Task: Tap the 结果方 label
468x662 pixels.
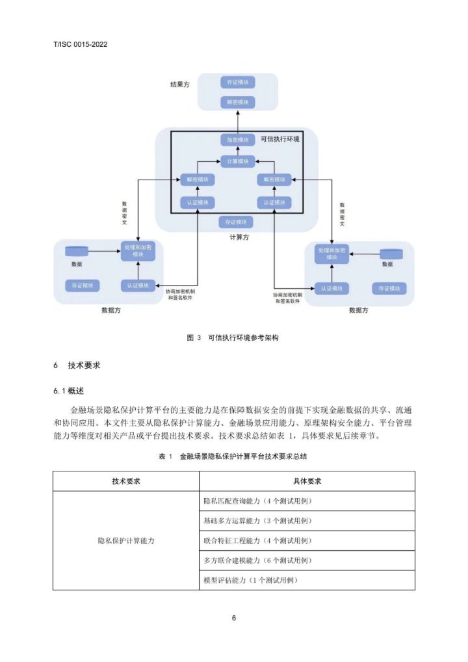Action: coord(180,85)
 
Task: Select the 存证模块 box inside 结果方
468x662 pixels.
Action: coord(237,82)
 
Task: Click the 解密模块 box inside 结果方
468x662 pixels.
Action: coord(237,102)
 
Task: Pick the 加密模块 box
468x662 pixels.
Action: coord(237,140)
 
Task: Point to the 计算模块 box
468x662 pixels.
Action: coord(237,161)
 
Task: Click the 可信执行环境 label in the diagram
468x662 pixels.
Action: coord(280,139)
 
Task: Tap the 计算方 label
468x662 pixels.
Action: coord(239,237)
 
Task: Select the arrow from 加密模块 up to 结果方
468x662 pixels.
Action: coord(237,121)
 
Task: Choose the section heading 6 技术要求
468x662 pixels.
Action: coord(77,365)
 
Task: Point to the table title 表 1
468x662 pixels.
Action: coord(233,457)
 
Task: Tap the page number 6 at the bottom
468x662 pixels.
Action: coord(234,618)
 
